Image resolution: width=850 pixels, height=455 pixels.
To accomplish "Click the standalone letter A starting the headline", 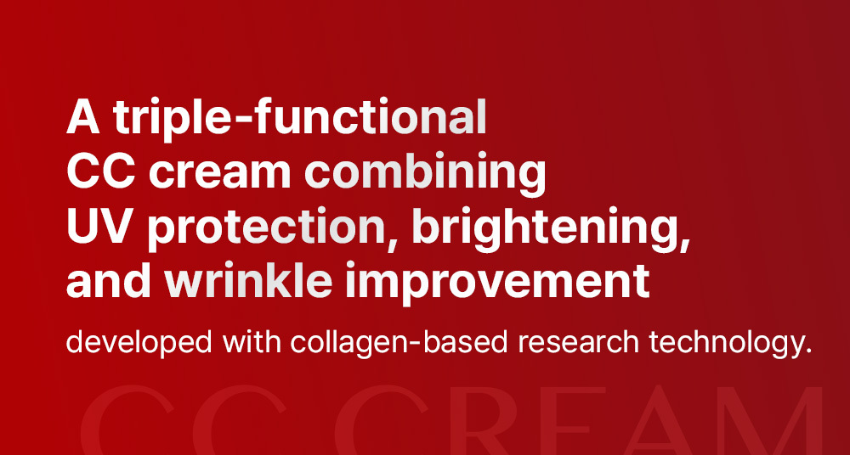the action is point(83,117).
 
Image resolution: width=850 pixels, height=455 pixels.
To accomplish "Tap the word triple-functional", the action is point(300,118).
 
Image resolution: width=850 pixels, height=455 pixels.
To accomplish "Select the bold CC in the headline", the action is point(102,171).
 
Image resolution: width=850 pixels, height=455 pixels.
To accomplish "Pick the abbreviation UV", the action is point(101,225).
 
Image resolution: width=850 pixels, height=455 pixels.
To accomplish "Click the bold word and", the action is point(110,279).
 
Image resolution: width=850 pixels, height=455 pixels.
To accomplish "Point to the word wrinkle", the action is point(248,279).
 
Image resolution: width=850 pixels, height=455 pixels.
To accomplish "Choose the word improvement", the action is point(497,282).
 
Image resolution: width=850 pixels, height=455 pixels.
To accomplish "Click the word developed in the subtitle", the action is point(139,344).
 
